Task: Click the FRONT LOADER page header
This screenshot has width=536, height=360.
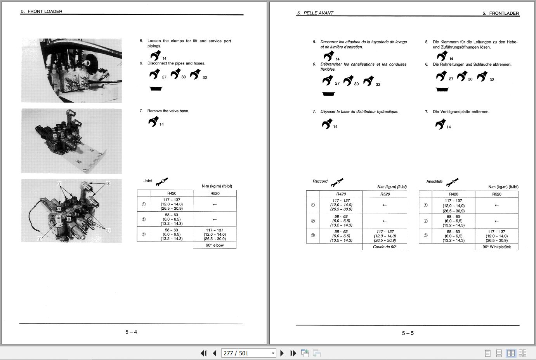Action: point(42,11)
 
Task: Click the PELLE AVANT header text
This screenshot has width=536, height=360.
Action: point(315,13)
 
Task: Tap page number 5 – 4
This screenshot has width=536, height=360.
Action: point(131,332)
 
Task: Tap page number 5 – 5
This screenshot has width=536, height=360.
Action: point(408,333)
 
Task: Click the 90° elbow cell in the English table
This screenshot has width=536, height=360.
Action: point(215,245)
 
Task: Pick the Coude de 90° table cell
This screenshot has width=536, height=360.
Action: point(385,247)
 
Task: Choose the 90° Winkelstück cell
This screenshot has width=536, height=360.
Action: point(496,247)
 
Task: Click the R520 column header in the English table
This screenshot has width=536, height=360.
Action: point(215,193)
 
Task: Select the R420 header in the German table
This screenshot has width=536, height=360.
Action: point(453,194)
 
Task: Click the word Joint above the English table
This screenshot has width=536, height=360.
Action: point(148,181)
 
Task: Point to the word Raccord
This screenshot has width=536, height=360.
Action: point(320,181)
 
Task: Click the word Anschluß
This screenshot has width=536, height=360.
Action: point(434,181)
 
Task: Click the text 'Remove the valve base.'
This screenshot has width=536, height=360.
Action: point(168,111)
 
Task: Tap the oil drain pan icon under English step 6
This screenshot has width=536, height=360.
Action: point(156,89)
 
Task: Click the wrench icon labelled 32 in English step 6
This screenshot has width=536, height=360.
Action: point(195,74)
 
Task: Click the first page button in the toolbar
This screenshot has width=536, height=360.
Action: point(203,353)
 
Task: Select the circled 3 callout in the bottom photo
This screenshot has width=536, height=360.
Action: point(39,238)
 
